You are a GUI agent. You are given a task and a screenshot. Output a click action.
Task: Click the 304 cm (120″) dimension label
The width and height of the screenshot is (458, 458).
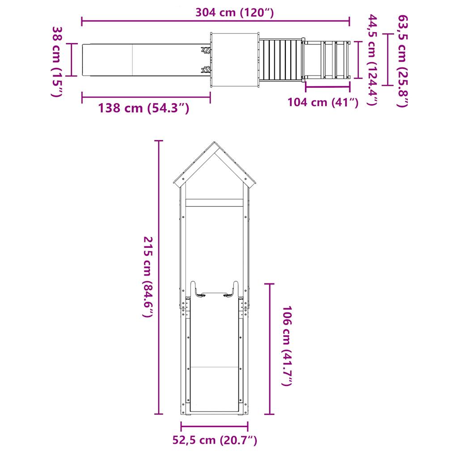(234, 13)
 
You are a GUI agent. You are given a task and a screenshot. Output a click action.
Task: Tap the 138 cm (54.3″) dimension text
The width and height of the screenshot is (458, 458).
(144, 108)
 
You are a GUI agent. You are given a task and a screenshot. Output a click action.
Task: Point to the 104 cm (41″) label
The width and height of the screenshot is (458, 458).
(322, 102)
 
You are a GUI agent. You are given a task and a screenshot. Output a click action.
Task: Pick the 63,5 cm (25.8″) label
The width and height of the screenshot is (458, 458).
(403, 61)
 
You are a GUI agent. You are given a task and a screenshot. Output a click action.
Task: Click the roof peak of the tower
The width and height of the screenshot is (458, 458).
(215, 144)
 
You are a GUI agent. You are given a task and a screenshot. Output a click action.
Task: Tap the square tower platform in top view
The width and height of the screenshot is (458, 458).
(235, 60)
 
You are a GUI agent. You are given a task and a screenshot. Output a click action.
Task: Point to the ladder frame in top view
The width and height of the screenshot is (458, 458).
(326, 60)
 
